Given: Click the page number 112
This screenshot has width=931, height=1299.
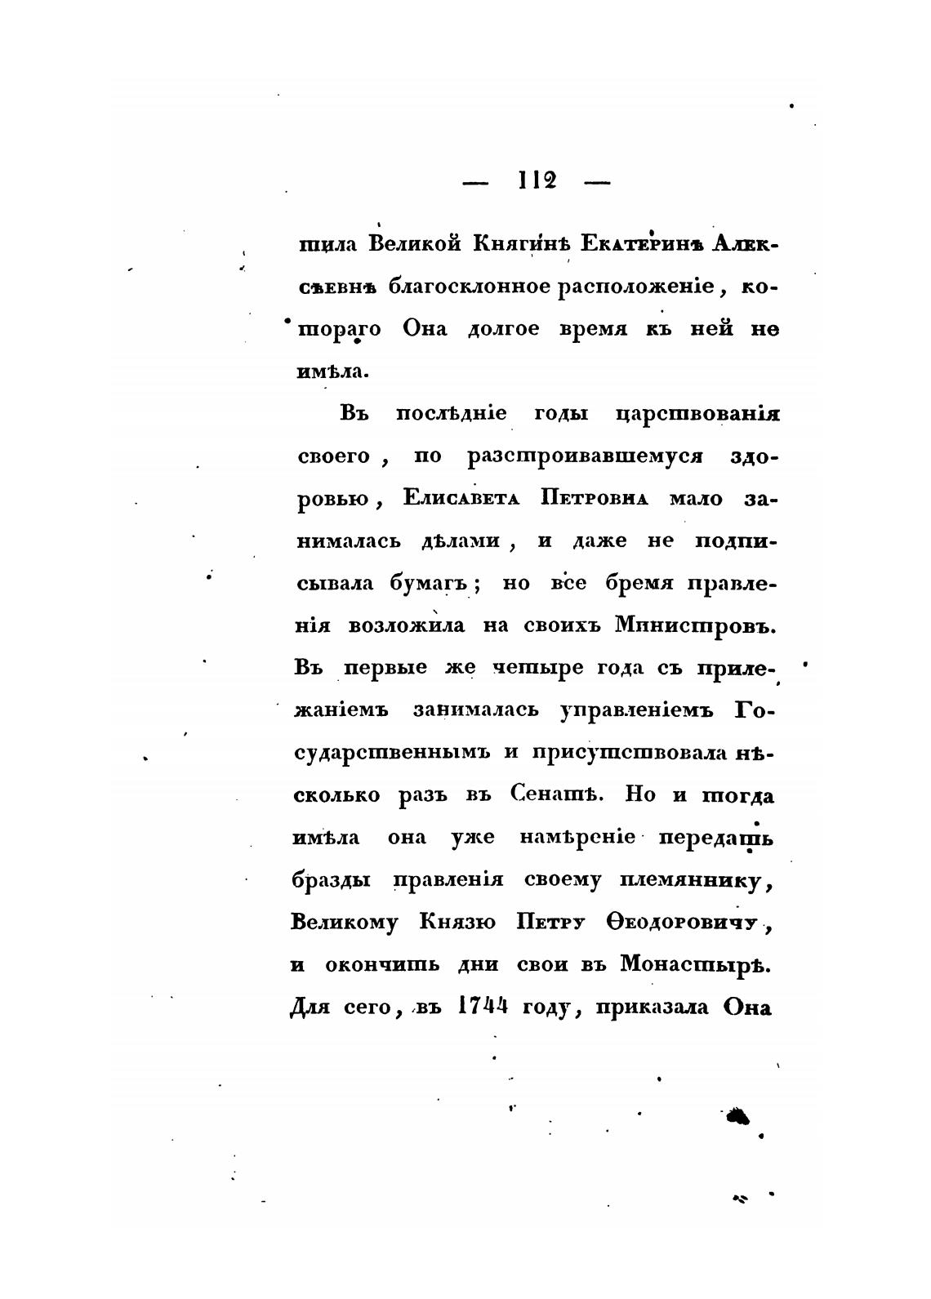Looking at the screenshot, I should point(537,180).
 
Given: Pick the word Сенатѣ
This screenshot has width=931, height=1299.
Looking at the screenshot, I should point(557,795).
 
